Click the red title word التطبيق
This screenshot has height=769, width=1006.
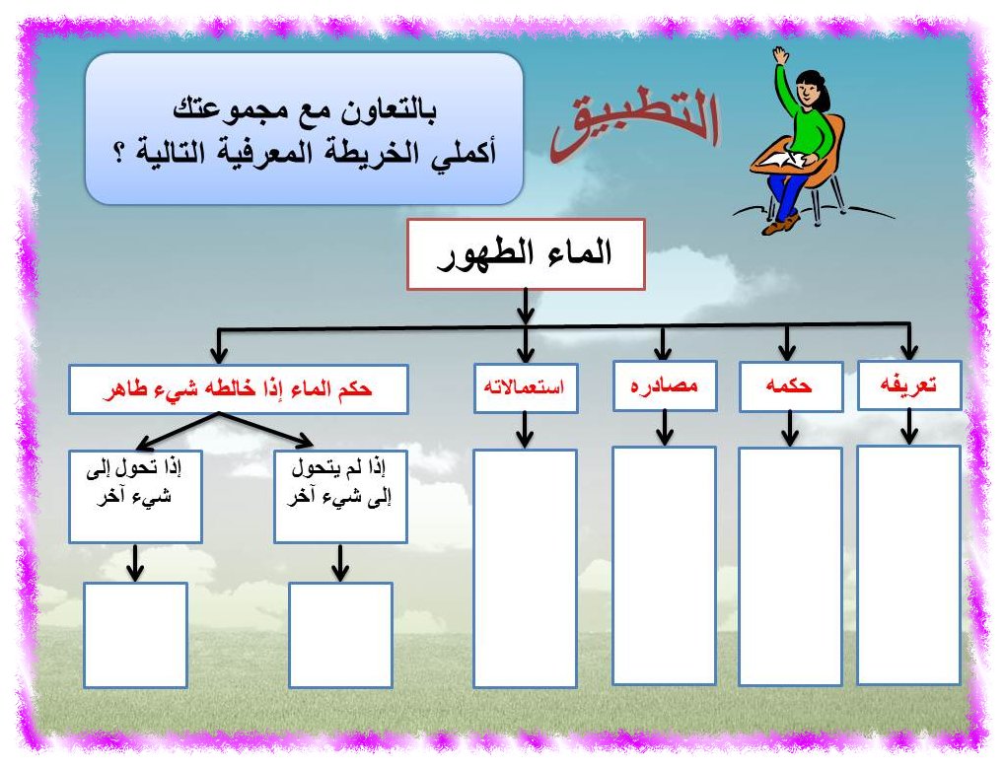pos(635,124)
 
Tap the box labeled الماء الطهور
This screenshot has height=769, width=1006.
pos(526,254)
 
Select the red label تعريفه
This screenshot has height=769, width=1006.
pos(908,384)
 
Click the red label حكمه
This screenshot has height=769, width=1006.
pos(789,385)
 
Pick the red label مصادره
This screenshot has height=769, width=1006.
pos(664,385)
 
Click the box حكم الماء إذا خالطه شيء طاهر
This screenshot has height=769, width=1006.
pos(238,389)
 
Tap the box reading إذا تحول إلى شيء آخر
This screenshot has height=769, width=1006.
pos(135,497)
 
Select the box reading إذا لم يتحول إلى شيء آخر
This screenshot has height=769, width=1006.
pos(340,497)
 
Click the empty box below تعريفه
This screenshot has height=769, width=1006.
pos(908,565)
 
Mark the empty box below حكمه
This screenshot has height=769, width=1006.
pos(790,566)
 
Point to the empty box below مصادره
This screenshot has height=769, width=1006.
pos(664,566)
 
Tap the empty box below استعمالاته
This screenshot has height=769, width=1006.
pos(525,568)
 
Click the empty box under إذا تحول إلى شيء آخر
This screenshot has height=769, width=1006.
pos(135,635)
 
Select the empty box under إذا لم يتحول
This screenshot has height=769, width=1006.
pos(340,635)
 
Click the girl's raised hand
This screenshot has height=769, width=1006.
pos(780,54)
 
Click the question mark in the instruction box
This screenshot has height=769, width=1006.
pos(118,154)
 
